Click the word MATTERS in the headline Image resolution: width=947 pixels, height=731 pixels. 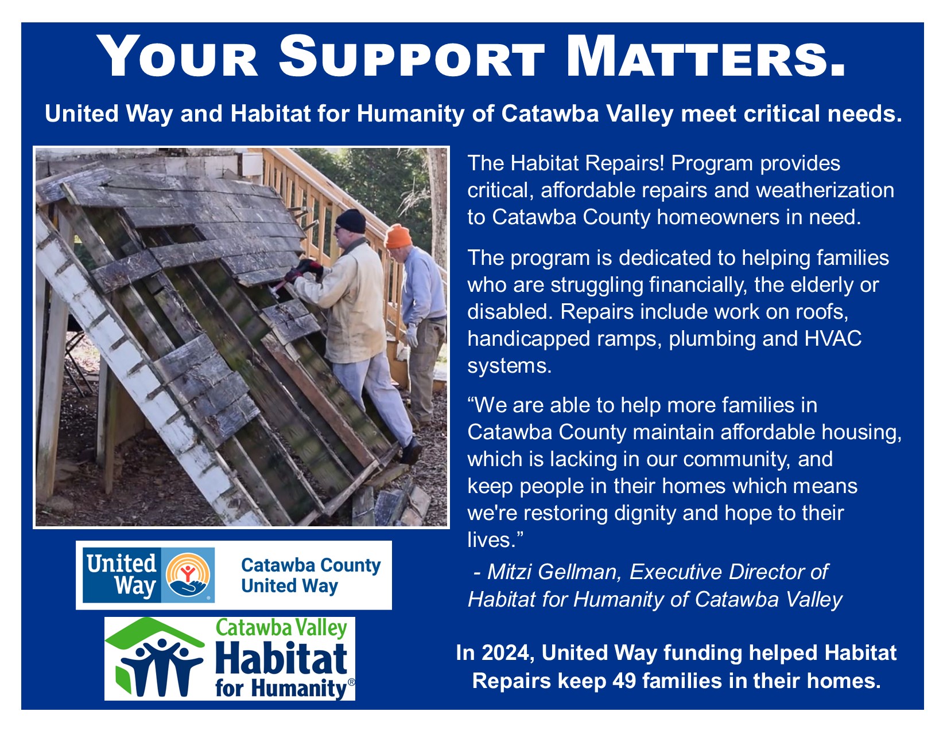click(x=705, y=57)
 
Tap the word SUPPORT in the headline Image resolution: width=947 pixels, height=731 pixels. click(x=412, y=57)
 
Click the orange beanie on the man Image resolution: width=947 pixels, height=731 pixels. click(x=398, y=236)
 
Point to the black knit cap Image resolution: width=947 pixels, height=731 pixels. click(x=351, y=221)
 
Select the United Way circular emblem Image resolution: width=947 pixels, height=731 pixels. click(x=188, y=575)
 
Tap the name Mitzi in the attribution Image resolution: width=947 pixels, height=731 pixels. click(x=509, y=572)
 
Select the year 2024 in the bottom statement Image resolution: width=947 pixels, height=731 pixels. click(x=508, y=653)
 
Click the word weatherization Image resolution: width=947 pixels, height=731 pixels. click(x=825, y=191)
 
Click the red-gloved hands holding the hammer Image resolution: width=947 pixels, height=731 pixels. click(x=305, y=271)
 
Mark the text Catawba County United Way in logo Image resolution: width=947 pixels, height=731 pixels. click(x=311, y=576)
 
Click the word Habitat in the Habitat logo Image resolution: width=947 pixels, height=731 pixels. click(x=282, y=658)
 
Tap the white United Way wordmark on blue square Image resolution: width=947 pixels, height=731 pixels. click(x=122, y=575)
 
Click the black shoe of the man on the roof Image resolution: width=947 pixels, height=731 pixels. click(x=411, y=451)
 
